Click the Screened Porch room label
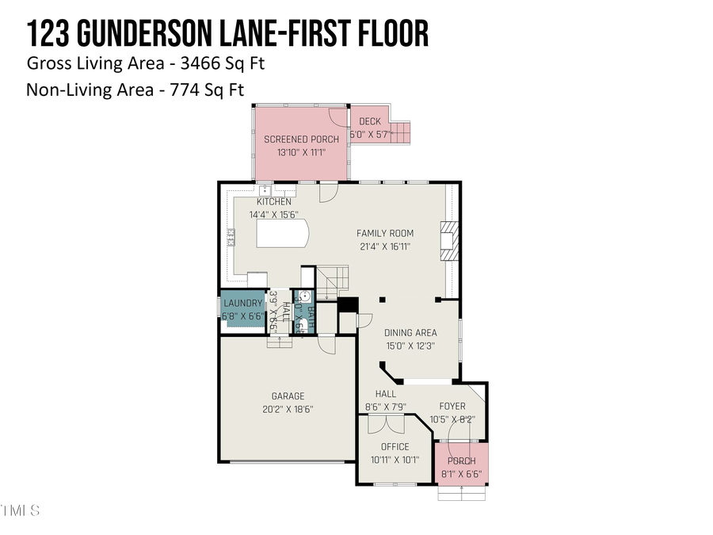pos(302,139)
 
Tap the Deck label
pos(370,121)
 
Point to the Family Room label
pos(385,233)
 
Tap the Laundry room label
pos(242,304)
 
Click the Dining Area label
pos(410,333)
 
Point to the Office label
pos(395,447)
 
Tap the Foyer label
pos(453,407)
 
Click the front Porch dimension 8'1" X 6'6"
pos(461,475)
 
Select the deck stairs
pos(402,132)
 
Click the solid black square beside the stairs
pos(348,304)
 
